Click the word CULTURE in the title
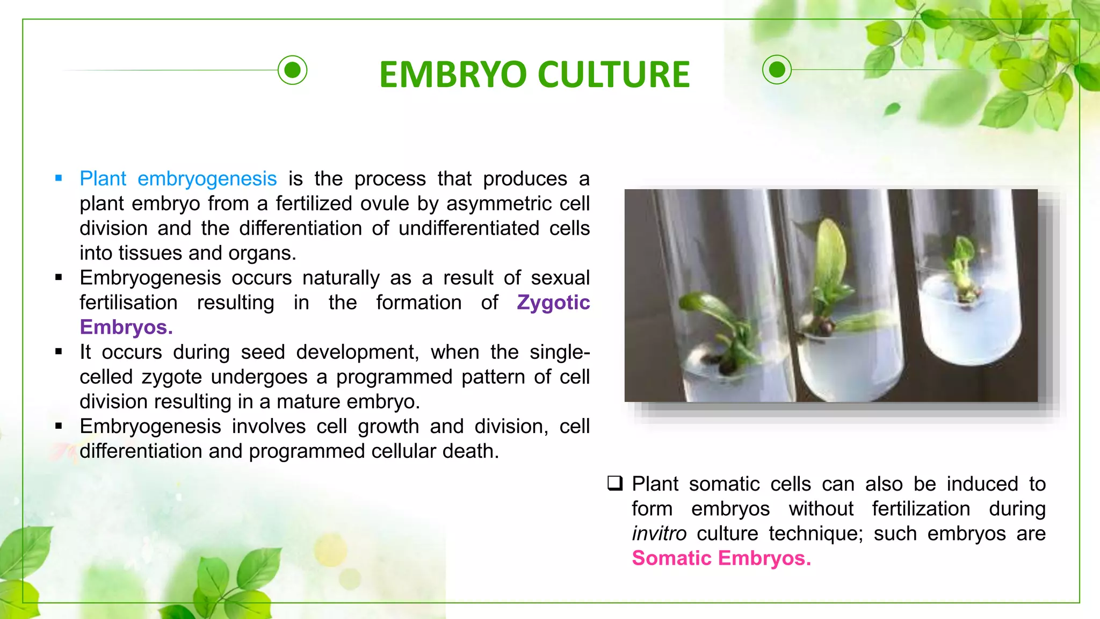pyautogui.click(x=613, y=74)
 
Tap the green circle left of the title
pyautogui.click(x=293, y=70)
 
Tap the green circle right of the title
pyautogui.click(x=777, y=69)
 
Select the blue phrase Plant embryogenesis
pyautogui.click(x=178, y=179)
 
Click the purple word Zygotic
pyautogui.click(x=553, y=303)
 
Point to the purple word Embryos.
pyautogui.click(x=126, y=327)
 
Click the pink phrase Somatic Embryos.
pyautogui.click(x=721, y=558)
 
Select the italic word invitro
pyautogui.click(x=659, y=534)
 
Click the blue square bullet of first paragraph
pyautogui.click(x=59, y=178)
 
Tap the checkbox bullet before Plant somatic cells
pyautogui.click(x=615, y=483)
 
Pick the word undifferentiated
pyautogui.click(x=468, y=228)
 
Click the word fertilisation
pyautogui.click(x=128, y=303)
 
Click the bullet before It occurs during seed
pyautogui.click(x=59, y=352)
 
